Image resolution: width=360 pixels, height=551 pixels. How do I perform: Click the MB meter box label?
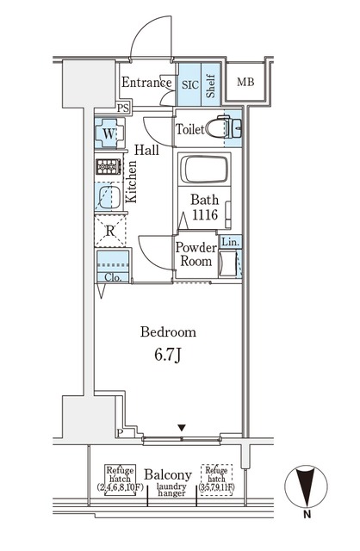click(245, 83)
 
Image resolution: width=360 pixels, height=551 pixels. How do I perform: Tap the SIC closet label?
click(190, 84)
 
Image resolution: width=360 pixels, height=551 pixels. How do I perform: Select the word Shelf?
click(210, 86)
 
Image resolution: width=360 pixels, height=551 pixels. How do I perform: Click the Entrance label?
click(146, 83)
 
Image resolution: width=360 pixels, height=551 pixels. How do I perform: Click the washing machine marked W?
click(109, 133)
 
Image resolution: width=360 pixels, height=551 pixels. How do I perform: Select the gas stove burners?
click(109, 166)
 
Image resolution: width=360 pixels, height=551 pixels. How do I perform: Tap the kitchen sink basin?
click(109, 197)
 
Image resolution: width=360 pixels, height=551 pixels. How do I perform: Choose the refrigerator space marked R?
click(110, 231)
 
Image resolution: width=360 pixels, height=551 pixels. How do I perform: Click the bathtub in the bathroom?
click(205, 170)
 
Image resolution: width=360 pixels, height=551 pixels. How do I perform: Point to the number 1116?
click(205, 214)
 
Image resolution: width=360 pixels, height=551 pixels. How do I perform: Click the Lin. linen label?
click(231, 242)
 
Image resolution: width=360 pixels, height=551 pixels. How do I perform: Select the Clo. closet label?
click(113, 277)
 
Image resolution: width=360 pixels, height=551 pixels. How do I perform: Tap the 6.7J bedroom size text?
click(168, 356)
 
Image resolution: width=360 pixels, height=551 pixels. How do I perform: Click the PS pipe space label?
click(123, 108)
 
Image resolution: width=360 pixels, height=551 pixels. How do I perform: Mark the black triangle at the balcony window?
click(182, 428)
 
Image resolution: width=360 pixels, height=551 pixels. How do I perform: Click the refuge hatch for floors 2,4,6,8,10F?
click(121, 480)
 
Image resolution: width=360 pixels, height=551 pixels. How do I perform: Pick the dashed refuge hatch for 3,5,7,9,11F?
click(216, 480)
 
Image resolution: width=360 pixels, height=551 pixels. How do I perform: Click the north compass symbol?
click(306, 487)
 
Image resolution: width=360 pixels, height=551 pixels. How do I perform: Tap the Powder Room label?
click(196, 255)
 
